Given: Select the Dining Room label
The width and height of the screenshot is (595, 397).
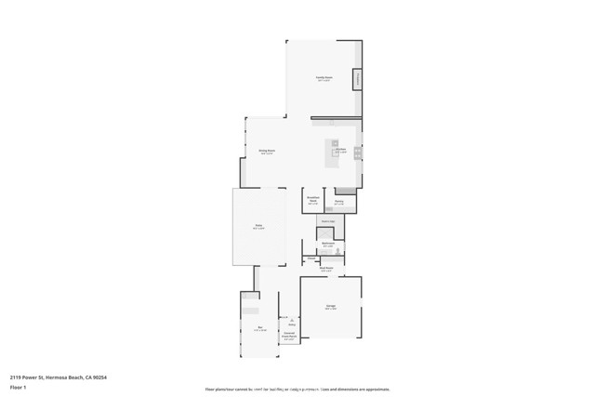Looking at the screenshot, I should coord(267,151).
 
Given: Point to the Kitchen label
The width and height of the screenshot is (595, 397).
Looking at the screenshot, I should coord(341,150).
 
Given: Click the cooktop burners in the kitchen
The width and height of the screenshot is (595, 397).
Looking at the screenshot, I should coord(357,154).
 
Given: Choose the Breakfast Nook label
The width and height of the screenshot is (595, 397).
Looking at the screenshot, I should coord(312,201).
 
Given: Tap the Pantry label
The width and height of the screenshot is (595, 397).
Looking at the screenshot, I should coord(339,201).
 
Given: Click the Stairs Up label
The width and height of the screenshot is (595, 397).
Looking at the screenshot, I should coord(327,221).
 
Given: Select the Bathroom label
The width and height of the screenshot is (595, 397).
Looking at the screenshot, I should coord(328,244).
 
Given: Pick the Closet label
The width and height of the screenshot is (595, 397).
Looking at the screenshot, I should coord(311,259).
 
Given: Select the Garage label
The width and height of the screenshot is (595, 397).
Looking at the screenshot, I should coord(330,307).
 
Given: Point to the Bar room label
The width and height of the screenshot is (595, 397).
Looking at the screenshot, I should coord(261,329).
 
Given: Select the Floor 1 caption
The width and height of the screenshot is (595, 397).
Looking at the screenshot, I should coord(18,387).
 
